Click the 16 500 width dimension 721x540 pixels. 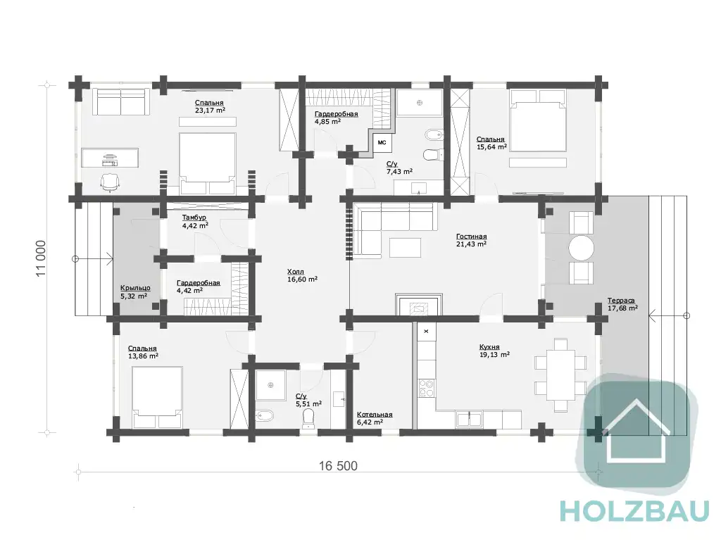tap(338, 466)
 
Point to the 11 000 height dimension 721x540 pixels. tap(42, 258)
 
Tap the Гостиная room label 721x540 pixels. tap(471, 237)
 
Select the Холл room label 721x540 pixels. tap(295, 272)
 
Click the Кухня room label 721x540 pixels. tap(489, 347)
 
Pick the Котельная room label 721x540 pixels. tap(375, 415)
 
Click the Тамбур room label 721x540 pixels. tap(194, 218)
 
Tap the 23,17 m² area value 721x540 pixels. tap(210, 110)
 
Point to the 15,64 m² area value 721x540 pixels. tap(491, 146)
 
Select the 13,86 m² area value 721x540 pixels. tap(143, 356)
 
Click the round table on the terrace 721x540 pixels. tap(581, 248)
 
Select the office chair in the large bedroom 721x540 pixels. tap(111, 182)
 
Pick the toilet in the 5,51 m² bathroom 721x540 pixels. tap(308, 419)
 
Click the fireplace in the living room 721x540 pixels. tap(420, 305)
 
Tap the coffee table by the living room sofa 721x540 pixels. tap(405, 247)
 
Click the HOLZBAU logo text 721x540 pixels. tap(634, 511)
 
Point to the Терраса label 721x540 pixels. tap(621, 301)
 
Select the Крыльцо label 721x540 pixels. tap(135, 288)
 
